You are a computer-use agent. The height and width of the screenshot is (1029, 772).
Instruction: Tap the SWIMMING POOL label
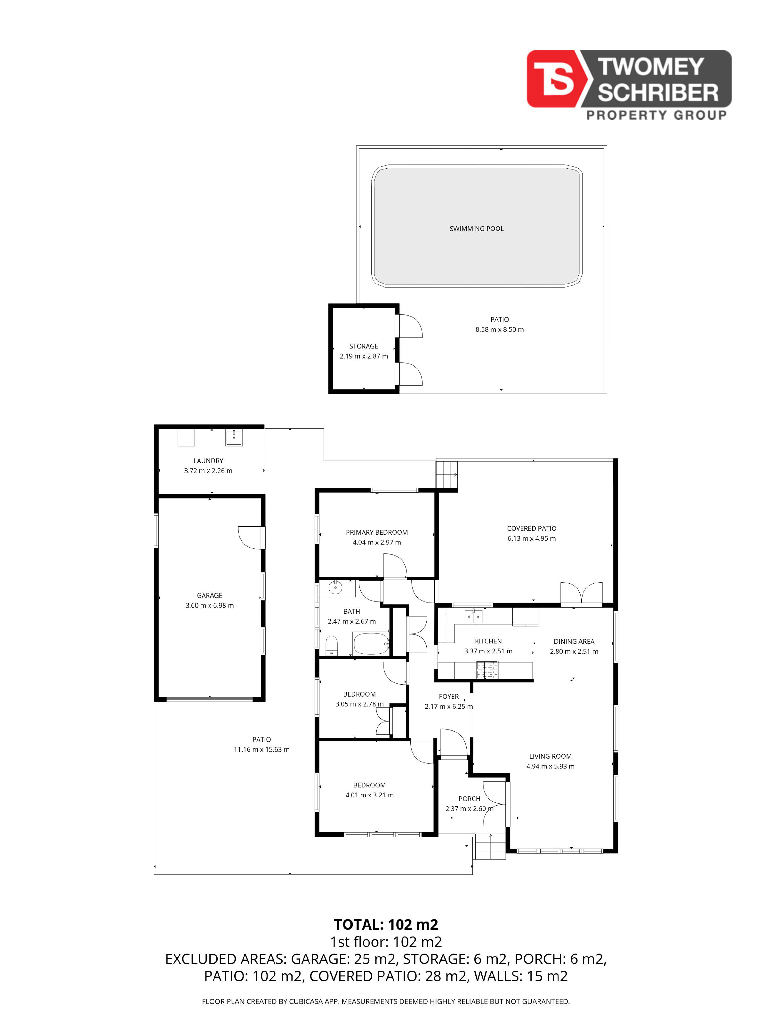[477, 228]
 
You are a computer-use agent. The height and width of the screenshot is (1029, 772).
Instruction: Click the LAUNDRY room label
[208, 460]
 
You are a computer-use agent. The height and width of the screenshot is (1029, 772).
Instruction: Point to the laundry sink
[234, 437]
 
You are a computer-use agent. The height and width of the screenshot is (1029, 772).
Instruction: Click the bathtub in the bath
[371, 643]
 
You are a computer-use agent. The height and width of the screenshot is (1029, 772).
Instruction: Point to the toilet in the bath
[331, 645]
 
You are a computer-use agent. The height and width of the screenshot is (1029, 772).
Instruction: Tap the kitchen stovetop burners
[487, 670]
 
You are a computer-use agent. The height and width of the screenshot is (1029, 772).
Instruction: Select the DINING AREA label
[574, 641]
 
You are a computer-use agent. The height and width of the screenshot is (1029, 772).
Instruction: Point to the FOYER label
[449, 696]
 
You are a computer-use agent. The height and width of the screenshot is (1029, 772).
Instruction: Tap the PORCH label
[469, 799]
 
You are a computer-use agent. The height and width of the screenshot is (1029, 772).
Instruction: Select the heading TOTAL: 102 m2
[386, 924]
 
